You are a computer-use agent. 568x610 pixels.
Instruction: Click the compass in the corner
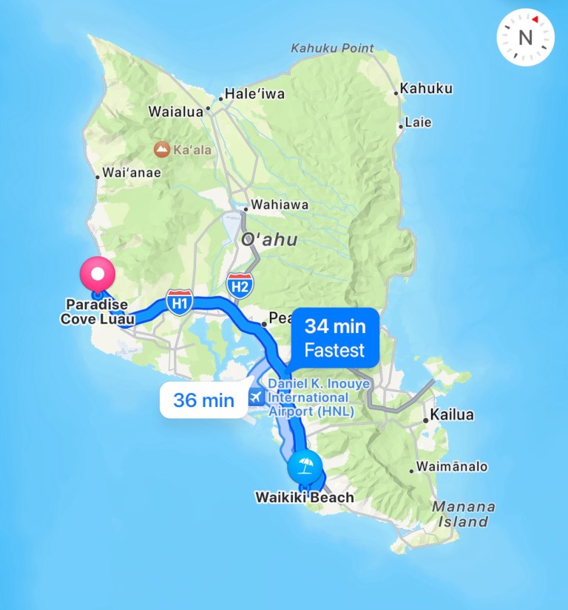[x=525, y=36]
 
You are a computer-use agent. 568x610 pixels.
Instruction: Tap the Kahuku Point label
[x=332, y=49]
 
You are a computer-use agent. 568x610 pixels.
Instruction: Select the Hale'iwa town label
[x=254, y=95]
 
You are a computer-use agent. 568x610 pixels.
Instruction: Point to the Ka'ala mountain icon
[x=160, y=150]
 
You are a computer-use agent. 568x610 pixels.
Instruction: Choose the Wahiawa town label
[x=280, y=205]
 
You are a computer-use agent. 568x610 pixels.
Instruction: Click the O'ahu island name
[x=269, y=239]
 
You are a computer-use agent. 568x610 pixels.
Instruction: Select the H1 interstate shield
[x=180, y=301]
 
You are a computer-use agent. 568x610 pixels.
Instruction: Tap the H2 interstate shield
[x=239, y=285]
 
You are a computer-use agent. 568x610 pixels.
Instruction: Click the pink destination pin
[x=98, y=275]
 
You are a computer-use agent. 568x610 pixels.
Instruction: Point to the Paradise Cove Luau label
[x=97, y=312]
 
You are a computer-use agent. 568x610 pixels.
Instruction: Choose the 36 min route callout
[x=203, y=400]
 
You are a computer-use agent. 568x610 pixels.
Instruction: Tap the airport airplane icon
[x=256, y=397]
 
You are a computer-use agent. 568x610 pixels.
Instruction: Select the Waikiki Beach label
[x=305, y=497]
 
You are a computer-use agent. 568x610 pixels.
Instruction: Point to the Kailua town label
[x=453, y=415]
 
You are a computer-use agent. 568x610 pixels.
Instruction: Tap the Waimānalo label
[x=452, y=467]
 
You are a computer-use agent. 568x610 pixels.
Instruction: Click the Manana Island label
[x=464, y=514]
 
